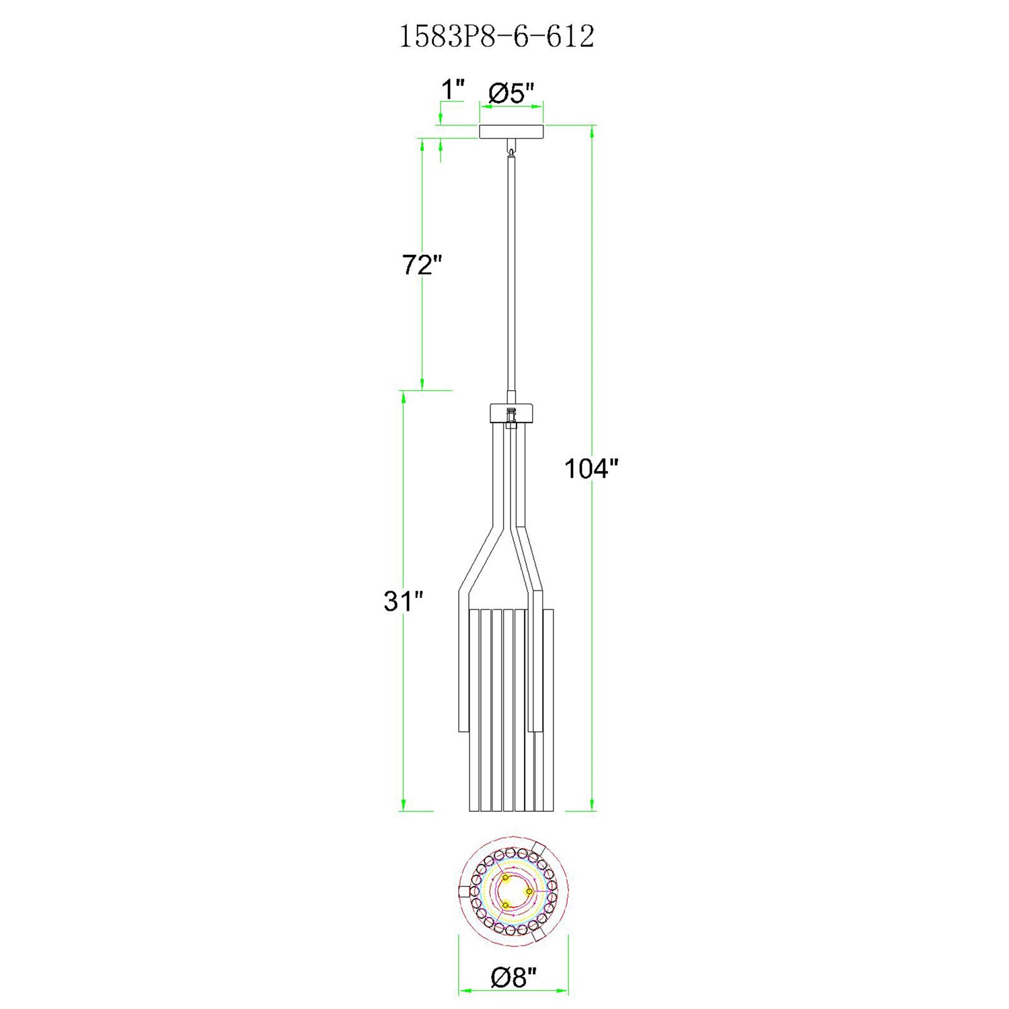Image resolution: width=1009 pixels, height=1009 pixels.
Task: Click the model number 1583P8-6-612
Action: pos(497,36)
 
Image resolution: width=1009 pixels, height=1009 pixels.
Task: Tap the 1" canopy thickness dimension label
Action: pos(453,89)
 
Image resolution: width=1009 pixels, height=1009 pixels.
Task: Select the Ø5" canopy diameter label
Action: pos(511,93)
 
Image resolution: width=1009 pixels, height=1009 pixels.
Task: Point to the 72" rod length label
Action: pos(422,265)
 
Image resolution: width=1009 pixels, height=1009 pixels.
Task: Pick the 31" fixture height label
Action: pos(403,601)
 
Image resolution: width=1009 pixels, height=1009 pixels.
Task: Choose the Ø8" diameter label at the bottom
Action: pos(514,977)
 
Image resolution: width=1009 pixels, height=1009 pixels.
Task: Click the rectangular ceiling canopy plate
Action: pos(511,132)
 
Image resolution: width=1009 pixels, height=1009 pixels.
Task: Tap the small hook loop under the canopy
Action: pos(512,151)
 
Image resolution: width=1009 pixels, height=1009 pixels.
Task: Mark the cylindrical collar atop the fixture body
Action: pos(511,412)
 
